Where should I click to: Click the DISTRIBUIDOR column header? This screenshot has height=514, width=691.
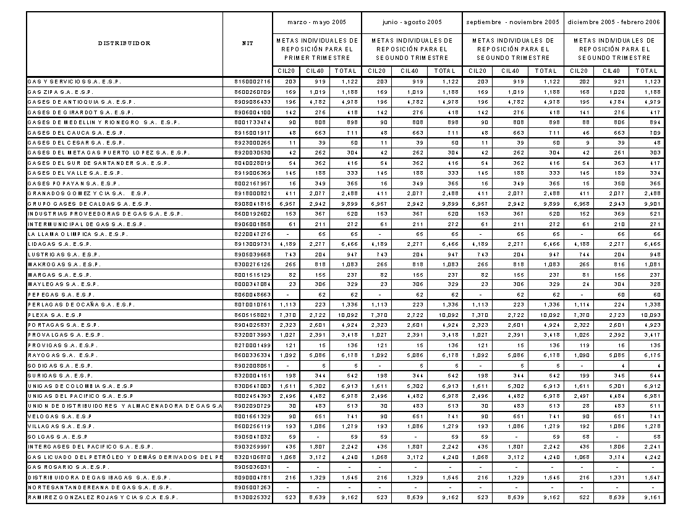tap(124, 43)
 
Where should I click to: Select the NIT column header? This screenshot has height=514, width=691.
tap(247, 43)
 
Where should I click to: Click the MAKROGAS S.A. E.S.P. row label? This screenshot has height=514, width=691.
tap(62, 264)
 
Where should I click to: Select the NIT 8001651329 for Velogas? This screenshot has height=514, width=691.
tap(253, 416)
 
